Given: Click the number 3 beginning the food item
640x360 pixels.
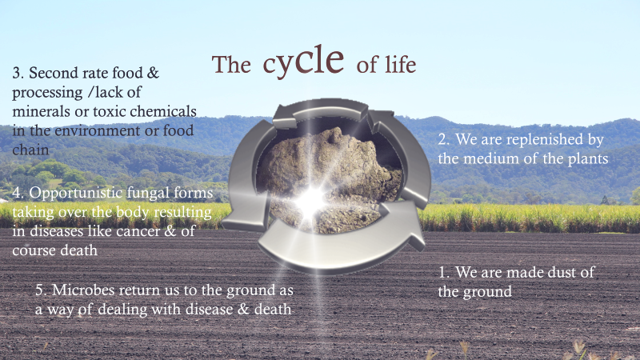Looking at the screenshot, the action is click(16, 73).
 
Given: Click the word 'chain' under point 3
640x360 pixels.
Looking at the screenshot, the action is click(30, 150).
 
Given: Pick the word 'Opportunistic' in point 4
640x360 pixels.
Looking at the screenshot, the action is click(75, 193).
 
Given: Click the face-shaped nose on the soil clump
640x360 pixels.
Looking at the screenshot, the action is click(334, 134).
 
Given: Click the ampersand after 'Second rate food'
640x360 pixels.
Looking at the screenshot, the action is click(153, 73).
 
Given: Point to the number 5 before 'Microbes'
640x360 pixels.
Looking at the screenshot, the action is click(39, 290).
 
